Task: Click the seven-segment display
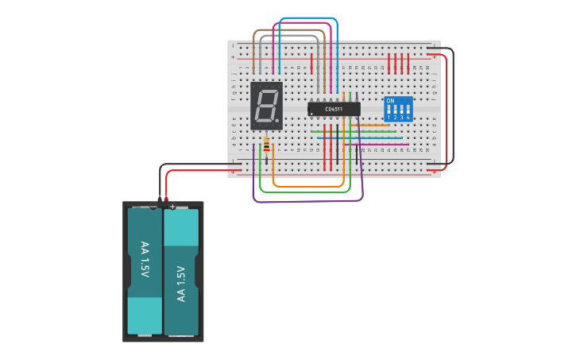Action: click(266, 105)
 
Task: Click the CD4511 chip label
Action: click(334, 109)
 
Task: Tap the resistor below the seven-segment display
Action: click(266, 145)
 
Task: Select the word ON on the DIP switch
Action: click(389, 101)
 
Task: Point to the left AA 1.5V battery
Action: click(145, 270)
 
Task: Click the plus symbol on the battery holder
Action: click(172, 207)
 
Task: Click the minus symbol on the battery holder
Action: click(153, 207)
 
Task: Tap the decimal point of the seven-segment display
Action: click(278, 123)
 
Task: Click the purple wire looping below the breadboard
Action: click(310, 200)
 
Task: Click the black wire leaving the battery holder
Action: click(191, 165)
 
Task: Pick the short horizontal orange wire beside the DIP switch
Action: click(373, 125)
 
